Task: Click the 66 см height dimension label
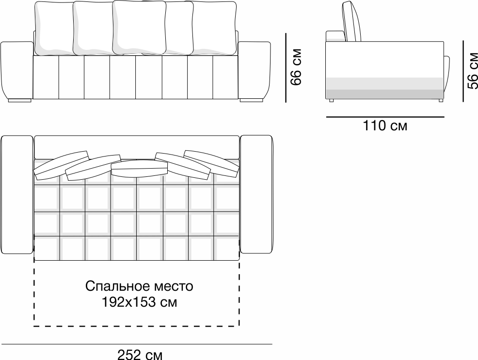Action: [x=296, y=67]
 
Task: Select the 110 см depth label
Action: [x=385, y=126]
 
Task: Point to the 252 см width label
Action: [x=140, y=354]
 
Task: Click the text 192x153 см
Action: [x=139, y=302]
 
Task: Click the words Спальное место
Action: [x=139, y=286]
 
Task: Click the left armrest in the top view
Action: [x=17, y=194]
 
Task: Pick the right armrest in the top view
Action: [x=256, y=194]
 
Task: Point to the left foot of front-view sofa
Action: [x=20, y=100]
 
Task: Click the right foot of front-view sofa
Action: [x=250, y=100]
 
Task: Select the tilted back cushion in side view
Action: [x=352, y=23]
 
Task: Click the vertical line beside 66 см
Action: [x=286, y=68]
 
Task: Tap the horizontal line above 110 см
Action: [x=385, y=117]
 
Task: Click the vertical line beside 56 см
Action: [x=463, y=71]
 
